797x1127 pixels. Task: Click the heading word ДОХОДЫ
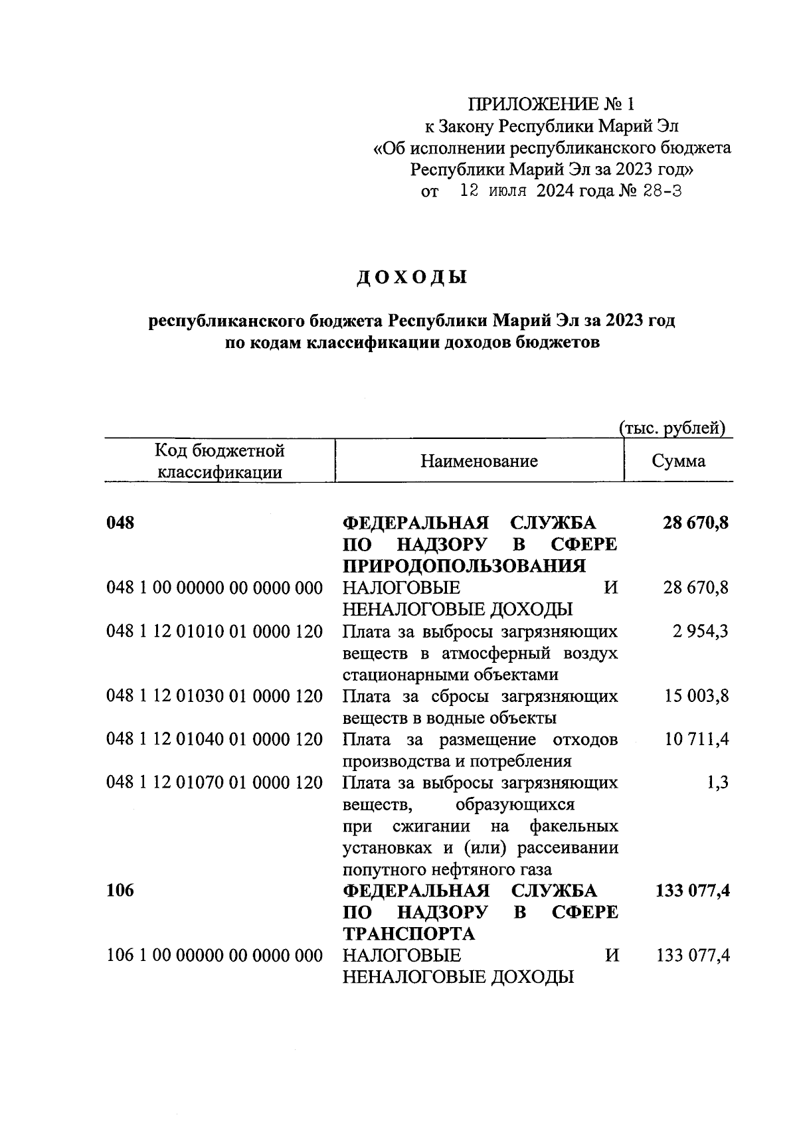(412, 277)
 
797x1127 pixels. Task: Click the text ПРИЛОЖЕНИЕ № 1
(552, 104)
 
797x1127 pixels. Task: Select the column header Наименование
(479, 461)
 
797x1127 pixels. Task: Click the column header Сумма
(678, 461)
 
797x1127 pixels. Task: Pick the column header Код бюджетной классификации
(219, 462)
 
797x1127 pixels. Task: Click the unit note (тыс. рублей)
(671, 428)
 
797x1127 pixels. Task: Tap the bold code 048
(120, 523)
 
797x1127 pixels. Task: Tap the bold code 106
(120, 891)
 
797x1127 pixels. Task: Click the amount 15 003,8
(696, 696)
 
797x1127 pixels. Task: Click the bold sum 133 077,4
(692, 891)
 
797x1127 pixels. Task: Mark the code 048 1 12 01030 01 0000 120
(215, 696)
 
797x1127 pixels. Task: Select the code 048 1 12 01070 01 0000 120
(215, 782)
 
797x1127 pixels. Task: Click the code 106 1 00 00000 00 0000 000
(215, 956)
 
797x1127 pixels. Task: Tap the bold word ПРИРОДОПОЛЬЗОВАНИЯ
(464, 566)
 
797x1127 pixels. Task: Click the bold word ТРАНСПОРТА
(408, 934)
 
